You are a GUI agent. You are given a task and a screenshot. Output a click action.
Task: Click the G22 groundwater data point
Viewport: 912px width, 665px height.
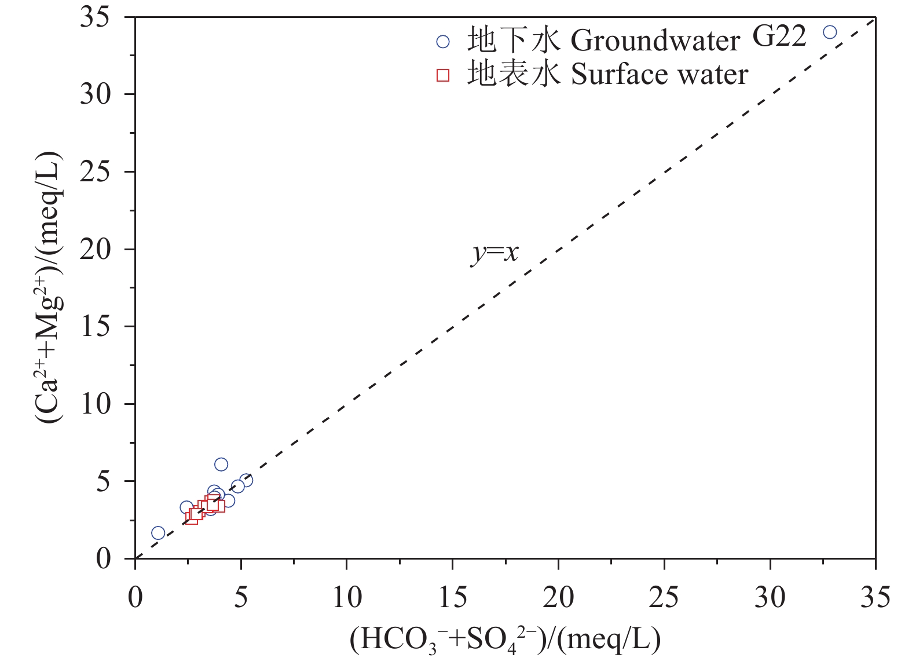(x=829, y=32)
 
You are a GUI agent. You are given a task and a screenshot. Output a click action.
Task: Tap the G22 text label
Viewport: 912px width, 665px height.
(x=779, y=36)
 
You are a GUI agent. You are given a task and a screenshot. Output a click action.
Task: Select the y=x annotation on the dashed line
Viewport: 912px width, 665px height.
(x=495, y=253)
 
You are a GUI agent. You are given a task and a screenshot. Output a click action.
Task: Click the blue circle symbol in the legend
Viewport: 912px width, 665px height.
(x=443, y=41)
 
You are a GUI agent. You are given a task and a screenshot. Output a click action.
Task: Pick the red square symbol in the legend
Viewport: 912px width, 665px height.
(x=443, y=75)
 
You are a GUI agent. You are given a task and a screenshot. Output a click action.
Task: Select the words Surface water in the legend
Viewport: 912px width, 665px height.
(x=660, y=75)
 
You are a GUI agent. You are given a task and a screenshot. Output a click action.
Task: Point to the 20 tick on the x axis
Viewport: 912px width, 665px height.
(x=558, y=597)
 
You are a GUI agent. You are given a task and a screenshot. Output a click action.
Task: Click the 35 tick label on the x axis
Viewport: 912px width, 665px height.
(x=875, y=597)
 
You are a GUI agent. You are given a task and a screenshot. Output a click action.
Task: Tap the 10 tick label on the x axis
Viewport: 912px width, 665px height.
(x=347, y=597)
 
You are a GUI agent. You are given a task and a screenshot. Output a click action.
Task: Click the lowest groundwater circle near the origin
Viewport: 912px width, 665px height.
(x=158, y=533)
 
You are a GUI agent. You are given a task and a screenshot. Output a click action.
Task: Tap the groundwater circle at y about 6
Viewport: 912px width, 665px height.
(x=221, y=465)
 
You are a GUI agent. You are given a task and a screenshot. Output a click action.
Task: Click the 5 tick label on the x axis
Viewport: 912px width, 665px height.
(x=241, y=597)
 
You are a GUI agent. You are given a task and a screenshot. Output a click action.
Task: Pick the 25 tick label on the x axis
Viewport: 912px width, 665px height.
(x=664, y=597)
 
